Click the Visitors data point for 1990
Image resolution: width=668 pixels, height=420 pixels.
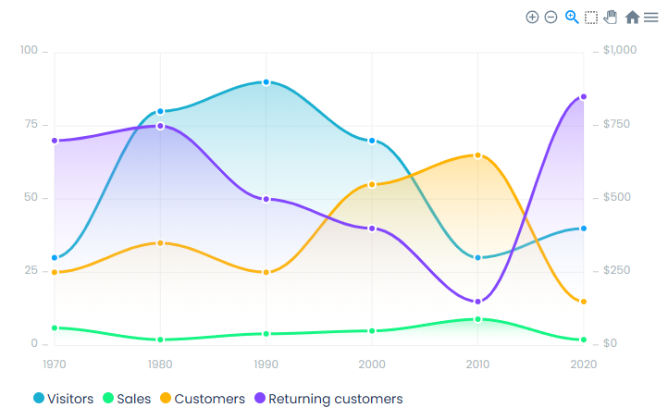click(266, 82)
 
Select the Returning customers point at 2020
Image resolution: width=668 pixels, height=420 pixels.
click(584, 97)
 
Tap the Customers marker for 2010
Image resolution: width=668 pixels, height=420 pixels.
click(478, 155)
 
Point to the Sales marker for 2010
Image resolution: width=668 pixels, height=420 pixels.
click(478, 319)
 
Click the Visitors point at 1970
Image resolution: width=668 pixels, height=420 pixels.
click(55, 258)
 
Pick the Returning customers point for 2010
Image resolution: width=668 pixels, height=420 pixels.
click(478, 302)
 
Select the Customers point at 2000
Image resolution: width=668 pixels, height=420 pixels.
click(372, 184)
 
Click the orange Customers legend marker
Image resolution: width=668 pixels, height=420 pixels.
click(166, 399)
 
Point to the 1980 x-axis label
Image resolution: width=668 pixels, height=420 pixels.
click(161, 364)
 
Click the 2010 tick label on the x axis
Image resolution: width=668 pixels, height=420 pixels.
click(478, 364)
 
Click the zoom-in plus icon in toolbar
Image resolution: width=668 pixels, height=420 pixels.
click(532, 17)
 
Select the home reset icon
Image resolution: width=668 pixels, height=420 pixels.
click(633, 17)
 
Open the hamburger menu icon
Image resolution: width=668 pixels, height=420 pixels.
click(651, 17)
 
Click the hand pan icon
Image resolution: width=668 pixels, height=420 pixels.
click(611, 17)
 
